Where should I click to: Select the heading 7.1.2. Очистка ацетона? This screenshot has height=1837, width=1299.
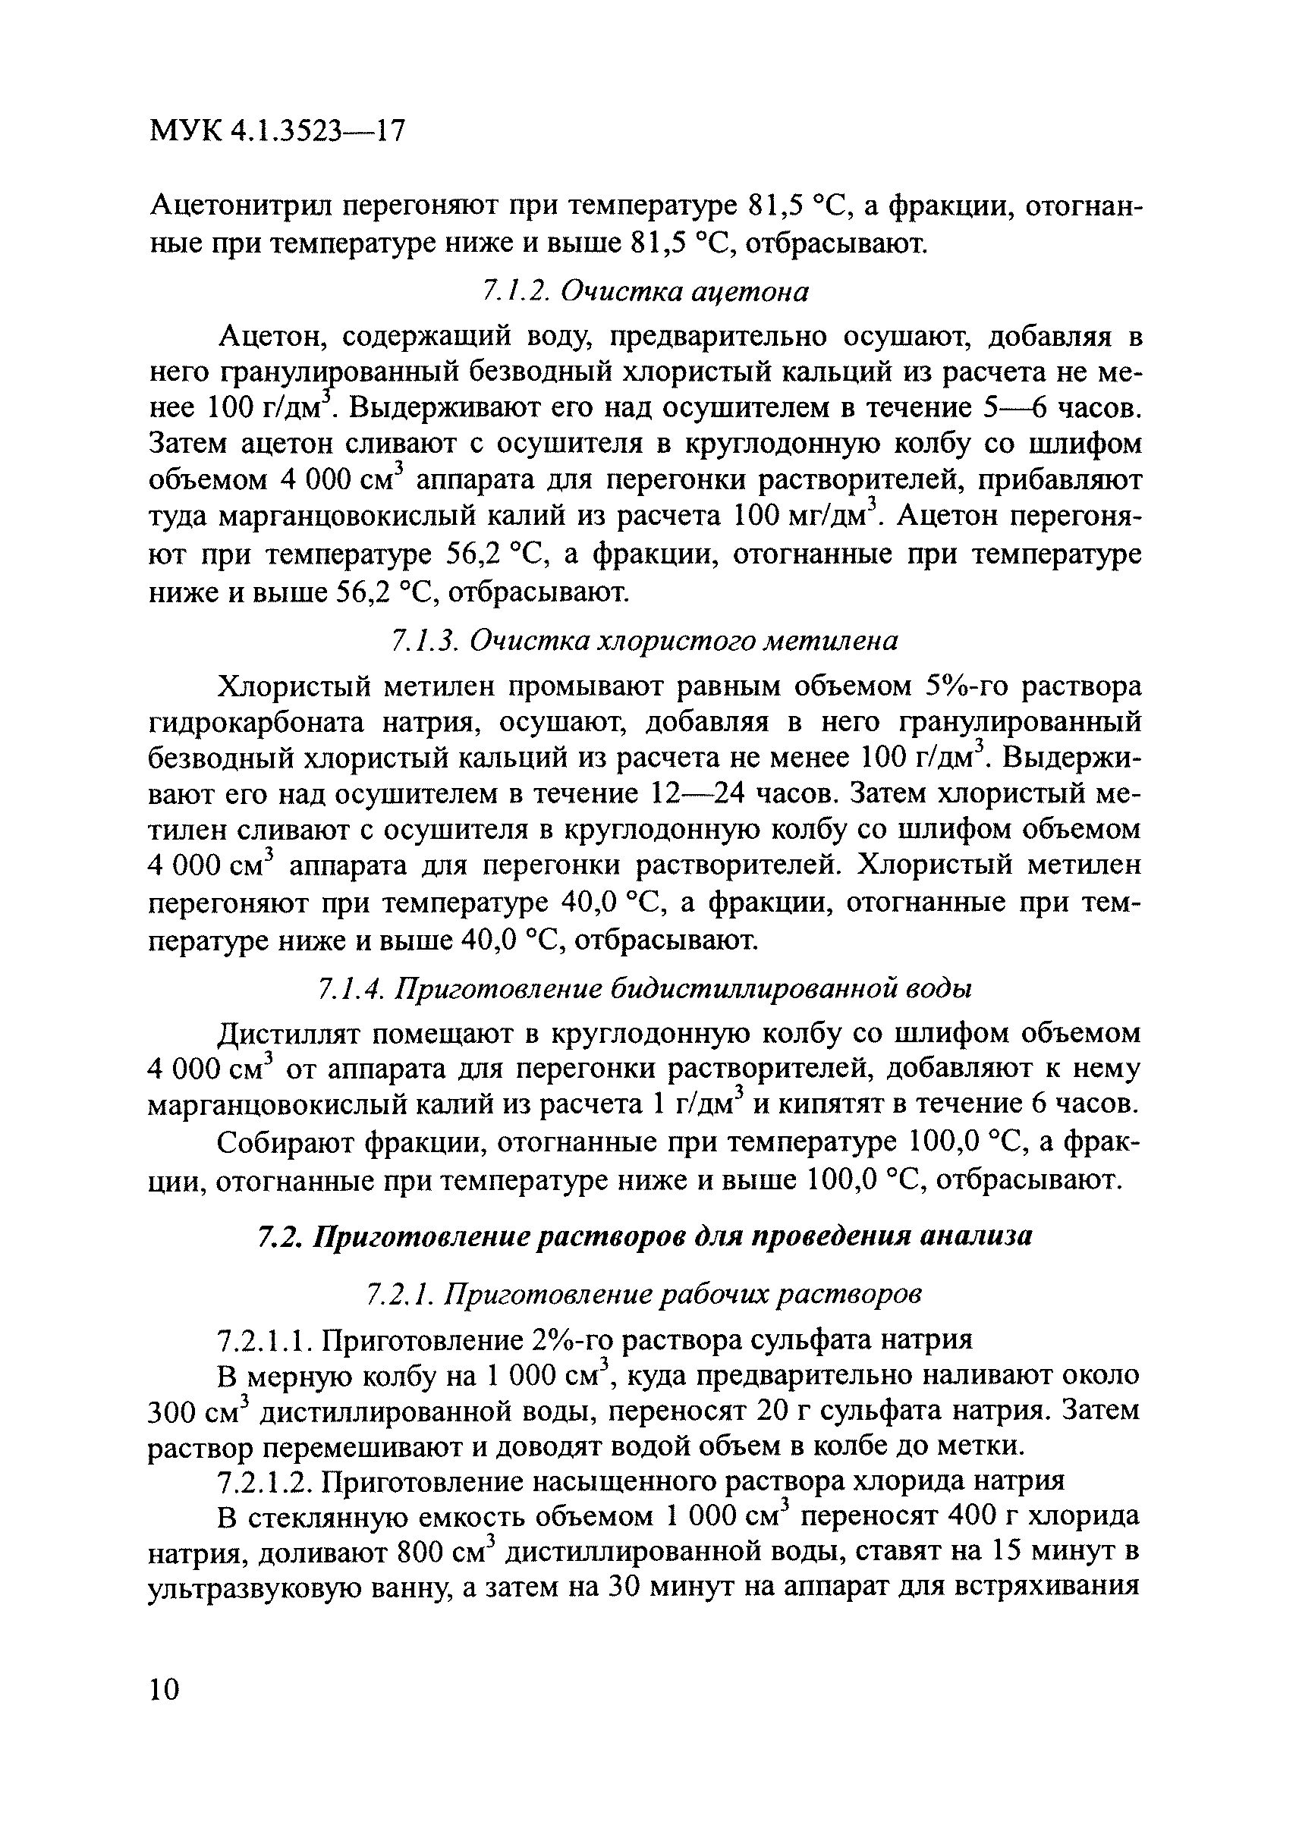point(646,292)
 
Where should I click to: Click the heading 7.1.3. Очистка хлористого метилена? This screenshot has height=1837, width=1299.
point(644,640)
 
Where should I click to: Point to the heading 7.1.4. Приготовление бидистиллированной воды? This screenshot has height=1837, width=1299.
point(645,989)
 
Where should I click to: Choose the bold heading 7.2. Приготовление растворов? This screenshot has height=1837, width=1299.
point(645,1236)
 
